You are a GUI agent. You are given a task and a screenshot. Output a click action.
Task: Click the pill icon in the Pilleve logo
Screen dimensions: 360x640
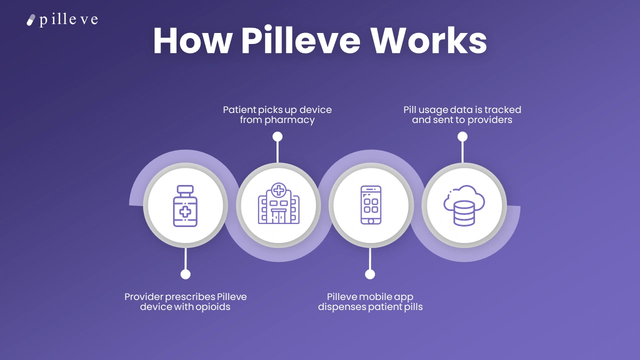point(31,20)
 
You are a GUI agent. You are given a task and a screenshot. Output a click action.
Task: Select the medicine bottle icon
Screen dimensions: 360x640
point(185,205)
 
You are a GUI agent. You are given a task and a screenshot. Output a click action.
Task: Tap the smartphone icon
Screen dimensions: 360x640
point(370,205)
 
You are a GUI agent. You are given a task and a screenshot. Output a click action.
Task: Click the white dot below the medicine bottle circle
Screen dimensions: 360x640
point(185,274)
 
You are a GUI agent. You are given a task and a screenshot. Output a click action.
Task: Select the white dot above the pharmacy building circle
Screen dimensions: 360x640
point(277,136)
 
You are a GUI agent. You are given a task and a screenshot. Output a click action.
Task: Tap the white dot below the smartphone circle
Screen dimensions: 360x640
point(370,274)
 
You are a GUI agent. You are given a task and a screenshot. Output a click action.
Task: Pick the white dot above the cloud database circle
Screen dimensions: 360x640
point(462,136)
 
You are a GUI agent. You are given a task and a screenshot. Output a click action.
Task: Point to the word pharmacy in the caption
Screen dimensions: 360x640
point(290,120)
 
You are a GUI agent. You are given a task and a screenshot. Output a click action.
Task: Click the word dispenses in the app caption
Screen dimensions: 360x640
point(341,307)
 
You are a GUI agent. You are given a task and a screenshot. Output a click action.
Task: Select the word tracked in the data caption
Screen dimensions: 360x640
point(503,109)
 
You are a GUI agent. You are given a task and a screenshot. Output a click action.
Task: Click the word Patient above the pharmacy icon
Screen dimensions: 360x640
point(239,109)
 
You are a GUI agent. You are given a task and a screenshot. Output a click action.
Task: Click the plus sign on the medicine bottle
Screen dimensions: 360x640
point(185,211)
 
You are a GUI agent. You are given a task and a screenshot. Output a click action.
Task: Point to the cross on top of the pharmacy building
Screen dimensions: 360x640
point(278,190)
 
